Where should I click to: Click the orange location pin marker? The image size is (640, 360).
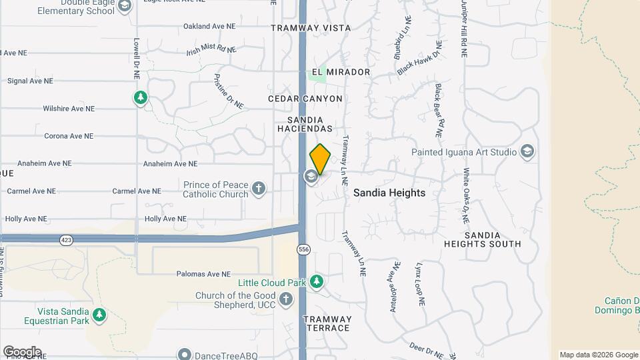[x=320, y=159]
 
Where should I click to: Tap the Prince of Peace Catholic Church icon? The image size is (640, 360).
[x=259, y=189]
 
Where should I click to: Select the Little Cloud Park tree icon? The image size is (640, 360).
[x=317, y=282]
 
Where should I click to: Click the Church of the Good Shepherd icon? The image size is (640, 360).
[x=286, y=299]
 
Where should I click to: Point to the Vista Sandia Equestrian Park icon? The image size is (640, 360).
[x=99, y=314]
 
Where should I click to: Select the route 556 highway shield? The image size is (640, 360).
[x=304, y=249]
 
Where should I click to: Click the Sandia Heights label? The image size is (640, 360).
[x=389, y=193]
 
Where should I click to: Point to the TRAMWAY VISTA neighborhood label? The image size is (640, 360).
[x=311, y=28]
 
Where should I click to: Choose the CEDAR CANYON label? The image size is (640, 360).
[x=305, y=99]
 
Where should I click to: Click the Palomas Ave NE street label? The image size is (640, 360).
[x=203, y=274]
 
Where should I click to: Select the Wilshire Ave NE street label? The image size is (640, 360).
[x=69, y=108]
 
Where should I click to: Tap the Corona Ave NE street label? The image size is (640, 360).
[x=68, y=136]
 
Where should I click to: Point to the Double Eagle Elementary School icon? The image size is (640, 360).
[x=123, y=6]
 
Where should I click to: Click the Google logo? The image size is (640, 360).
[x=22, y=352]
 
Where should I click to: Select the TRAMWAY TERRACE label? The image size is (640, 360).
[x=327, y=323]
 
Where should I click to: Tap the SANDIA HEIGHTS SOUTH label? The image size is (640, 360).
[x=483, y=239]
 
